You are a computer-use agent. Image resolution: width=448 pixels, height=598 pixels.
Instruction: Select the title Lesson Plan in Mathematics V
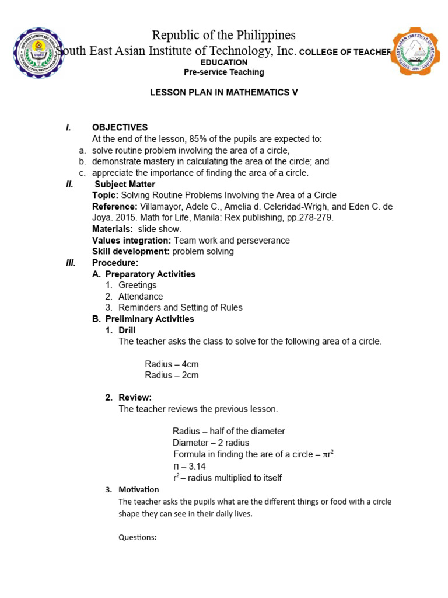pos(224,93)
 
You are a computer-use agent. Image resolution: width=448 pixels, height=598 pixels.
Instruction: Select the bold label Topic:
pos(105,195)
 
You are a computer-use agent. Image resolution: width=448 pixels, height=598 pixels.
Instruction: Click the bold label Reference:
pos(115,207)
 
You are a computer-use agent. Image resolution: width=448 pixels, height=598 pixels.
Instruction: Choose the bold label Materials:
pos(113,229)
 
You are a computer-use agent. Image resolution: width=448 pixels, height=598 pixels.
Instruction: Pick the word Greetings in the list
pos(138,285)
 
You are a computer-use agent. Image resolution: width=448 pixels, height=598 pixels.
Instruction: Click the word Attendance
pos(141,297)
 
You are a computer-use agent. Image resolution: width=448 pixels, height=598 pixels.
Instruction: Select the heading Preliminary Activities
pos(150,319)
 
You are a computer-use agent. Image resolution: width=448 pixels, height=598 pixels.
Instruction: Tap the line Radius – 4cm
pos(171,364)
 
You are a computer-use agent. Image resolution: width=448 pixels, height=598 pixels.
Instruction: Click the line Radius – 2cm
pos(171,375)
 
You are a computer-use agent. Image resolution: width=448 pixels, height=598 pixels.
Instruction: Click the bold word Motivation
pos(138,489)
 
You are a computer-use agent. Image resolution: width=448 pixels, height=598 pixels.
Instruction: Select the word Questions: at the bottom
pos(138,537)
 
